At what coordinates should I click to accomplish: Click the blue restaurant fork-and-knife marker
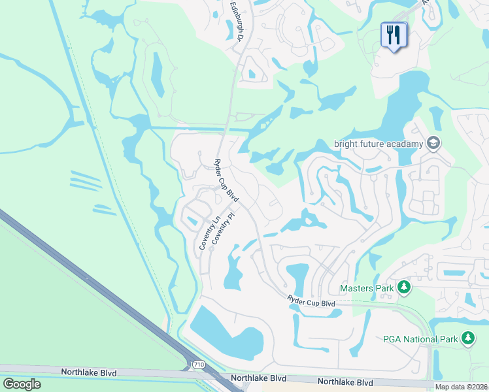394,35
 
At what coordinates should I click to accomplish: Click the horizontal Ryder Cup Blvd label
311,302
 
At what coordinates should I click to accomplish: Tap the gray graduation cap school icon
432,143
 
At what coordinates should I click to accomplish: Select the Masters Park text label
366,287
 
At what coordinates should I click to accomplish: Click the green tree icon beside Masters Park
404,287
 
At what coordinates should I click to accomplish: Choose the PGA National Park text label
419,338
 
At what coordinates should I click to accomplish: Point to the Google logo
22,384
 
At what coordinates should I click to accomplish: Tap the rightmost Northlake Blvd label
345,382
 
